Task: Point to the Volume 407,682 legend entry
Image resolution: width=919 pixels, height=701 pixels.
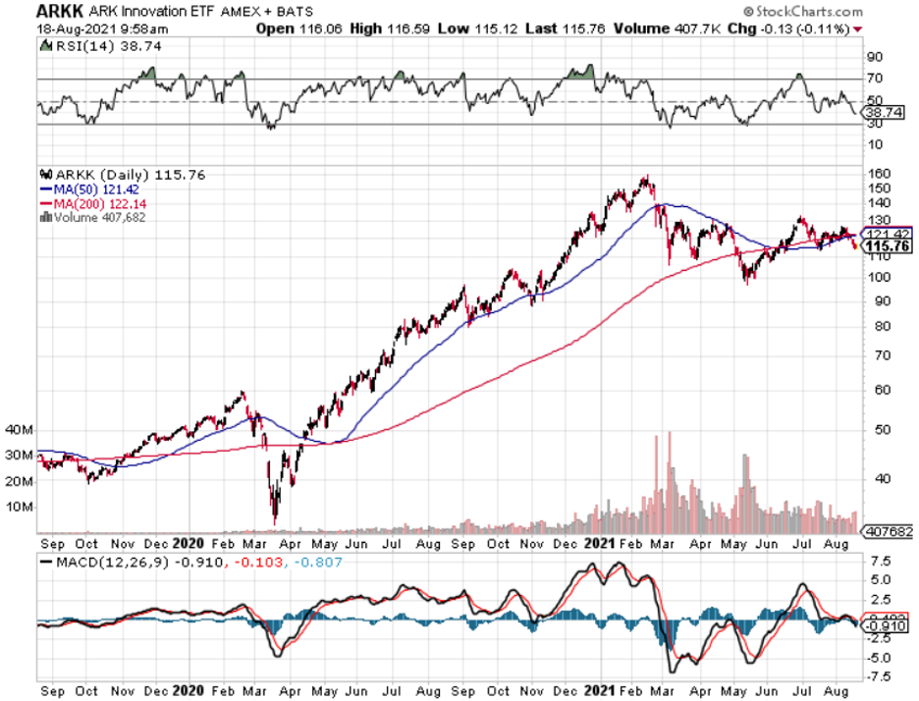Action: pyautogui.click(x=96, y=217)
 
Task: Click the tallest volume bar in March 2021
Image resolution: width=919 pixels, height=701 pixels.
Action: pyautogui.click(x=670, y=432)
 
